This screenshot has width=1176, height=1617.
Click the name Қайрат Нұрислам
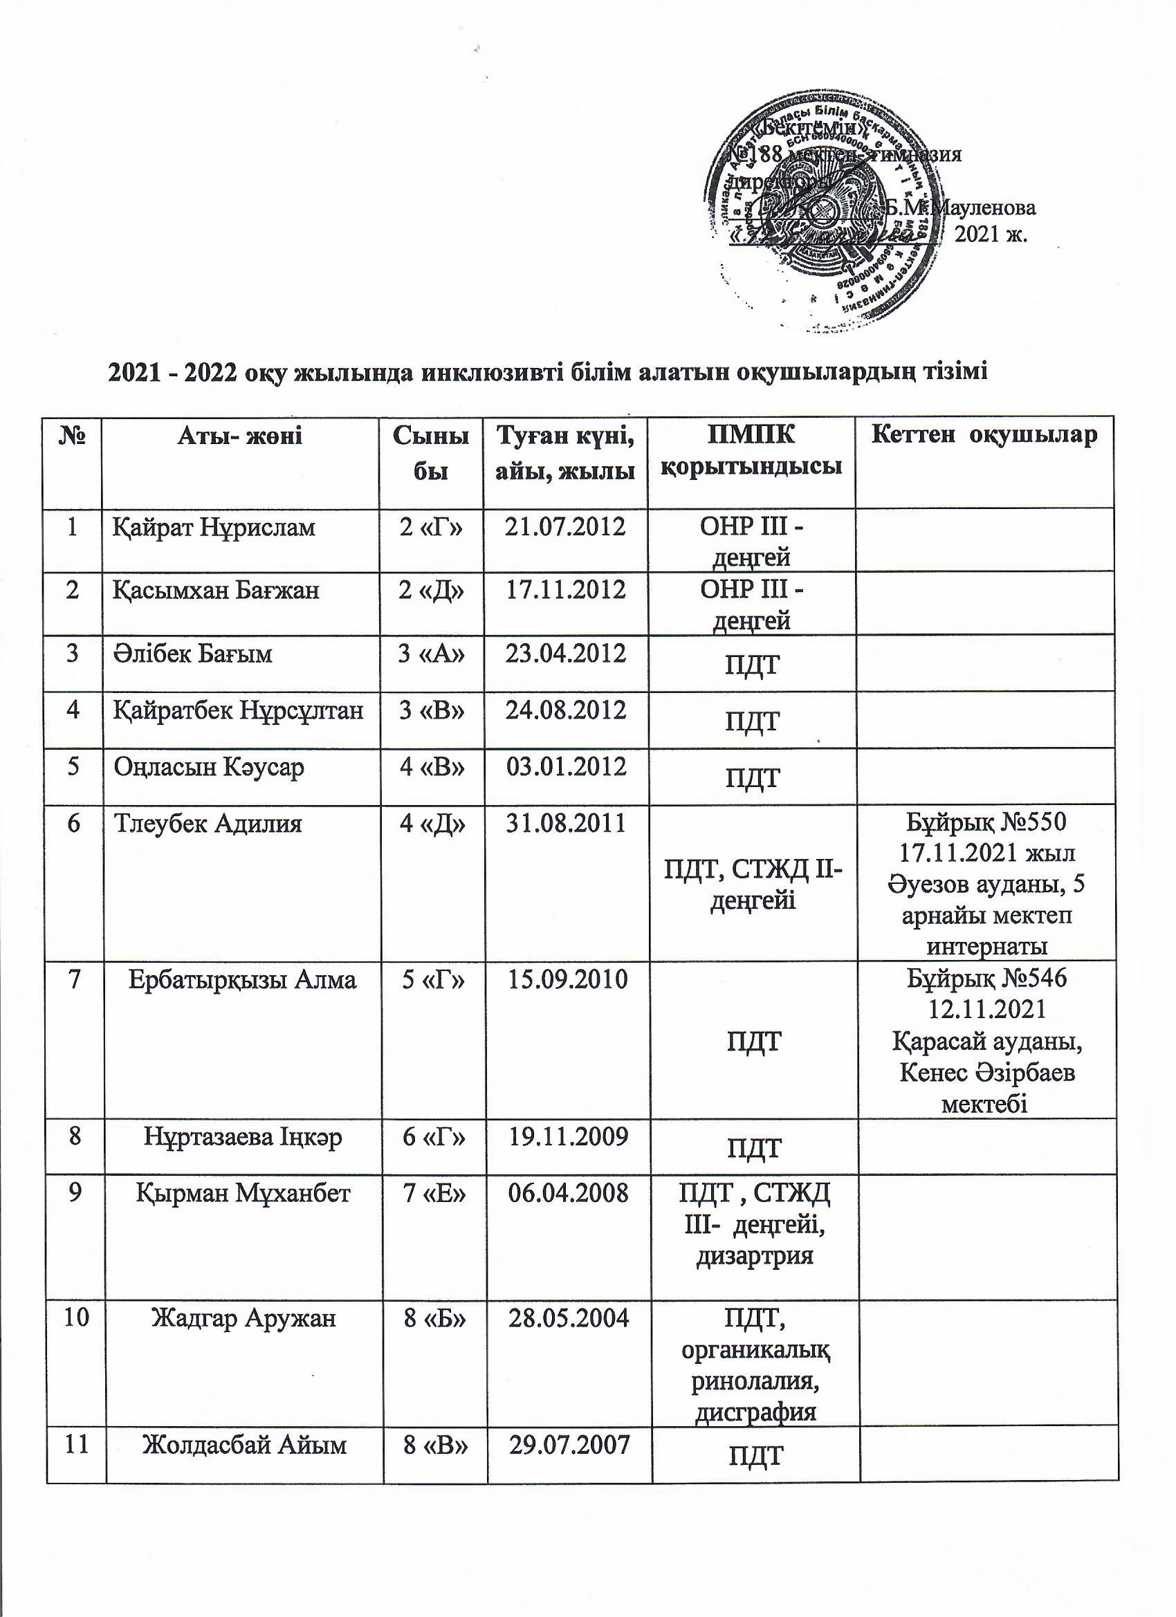coord(214,528)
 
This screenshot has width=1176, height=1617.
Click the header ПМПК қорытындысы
coord(752,451)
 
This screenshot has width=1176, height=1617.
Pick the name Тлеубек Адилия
coord(208,824)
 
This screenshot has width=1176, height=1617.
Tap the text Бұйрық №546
coord(986,979)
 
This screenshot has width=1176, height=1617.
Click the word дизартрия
coord(754,1255)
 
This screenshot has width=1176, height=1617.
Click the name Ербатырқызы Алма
coord(243,980)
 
